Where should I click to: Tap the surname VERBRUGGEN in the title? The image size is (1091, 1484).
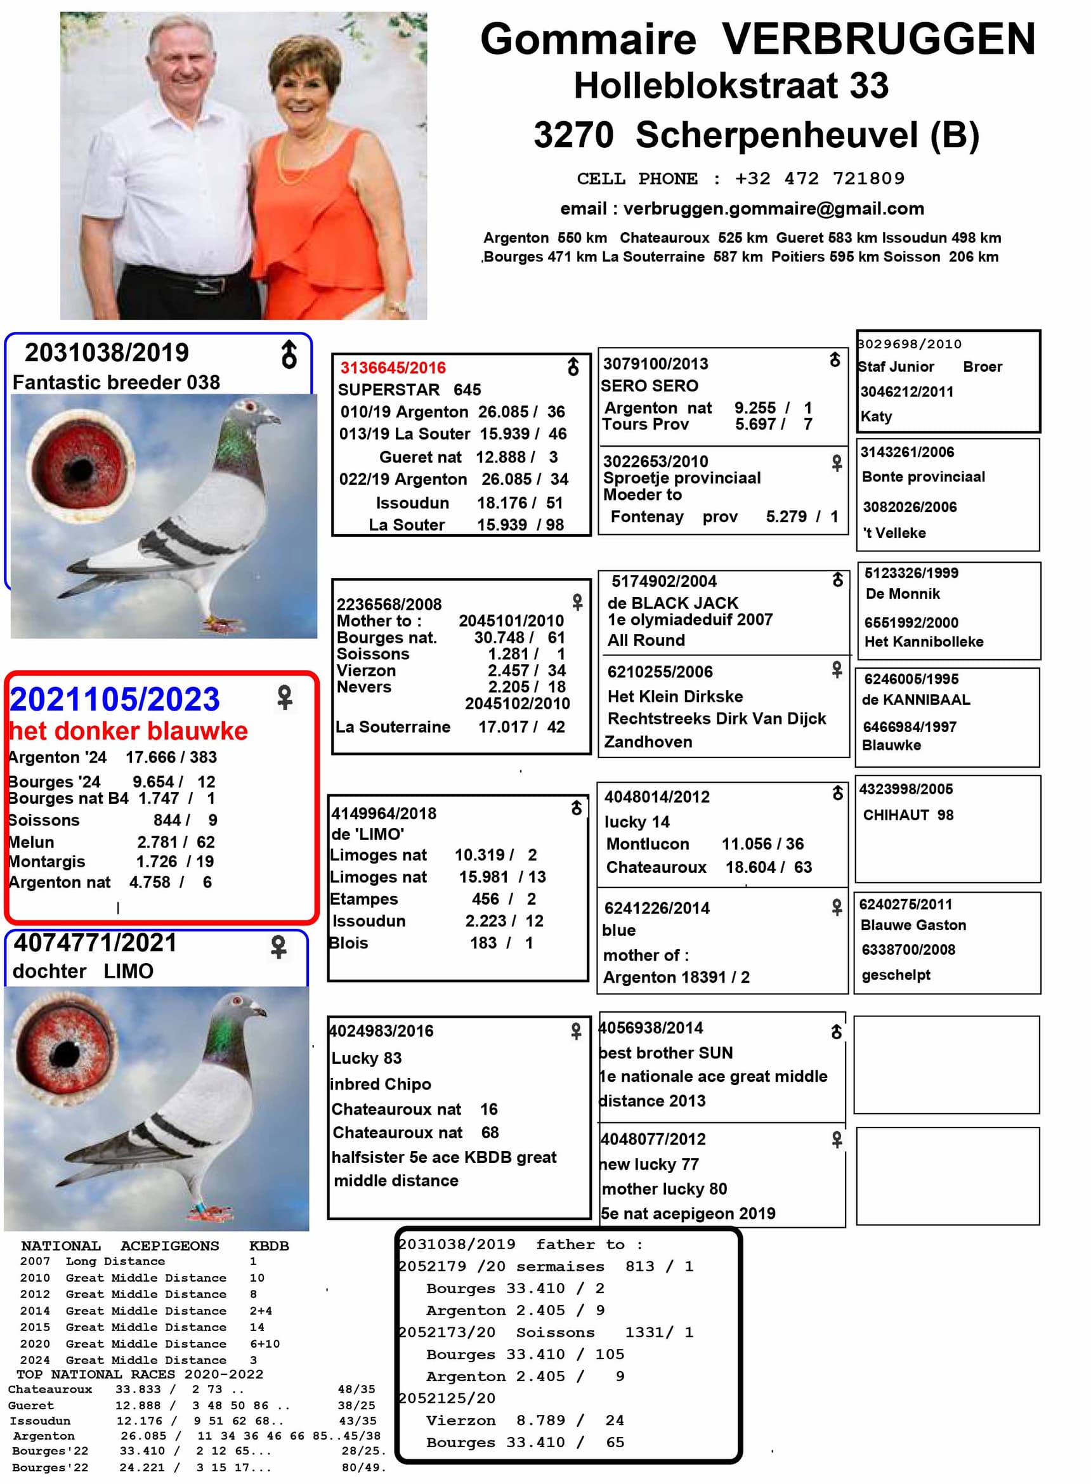879,39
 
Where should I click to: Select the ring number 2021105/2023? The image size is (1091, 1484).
114,699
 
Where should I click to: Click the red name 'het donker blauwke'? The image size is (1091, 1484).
129,731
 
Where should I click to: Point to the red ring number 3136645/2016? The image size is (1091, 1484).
393,368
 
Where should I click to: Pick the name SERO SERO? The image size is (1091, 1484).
649,386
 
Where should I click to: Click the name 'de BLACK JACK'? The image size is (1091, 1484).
672,603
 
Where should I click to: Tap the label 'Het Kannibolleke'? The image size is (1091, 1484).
924,641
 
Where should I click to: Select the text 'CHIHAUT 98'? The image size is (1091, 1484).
908,815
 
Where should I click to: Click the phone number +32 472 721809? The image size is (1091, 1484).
820,178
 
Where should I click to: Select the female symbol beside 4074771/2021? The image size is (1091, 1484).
278,947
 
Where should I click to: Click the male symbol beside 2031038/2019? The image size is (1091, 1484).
289,355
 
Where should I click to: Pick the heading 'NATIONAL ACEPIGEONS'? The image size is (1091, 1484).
119,1245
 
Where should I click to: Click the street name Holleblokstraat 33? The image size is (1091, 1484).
731,86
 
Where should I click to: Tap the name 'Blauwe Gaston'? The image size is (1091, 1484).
913,925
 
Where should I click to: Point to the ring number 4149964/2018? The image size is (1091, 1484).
384,813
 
